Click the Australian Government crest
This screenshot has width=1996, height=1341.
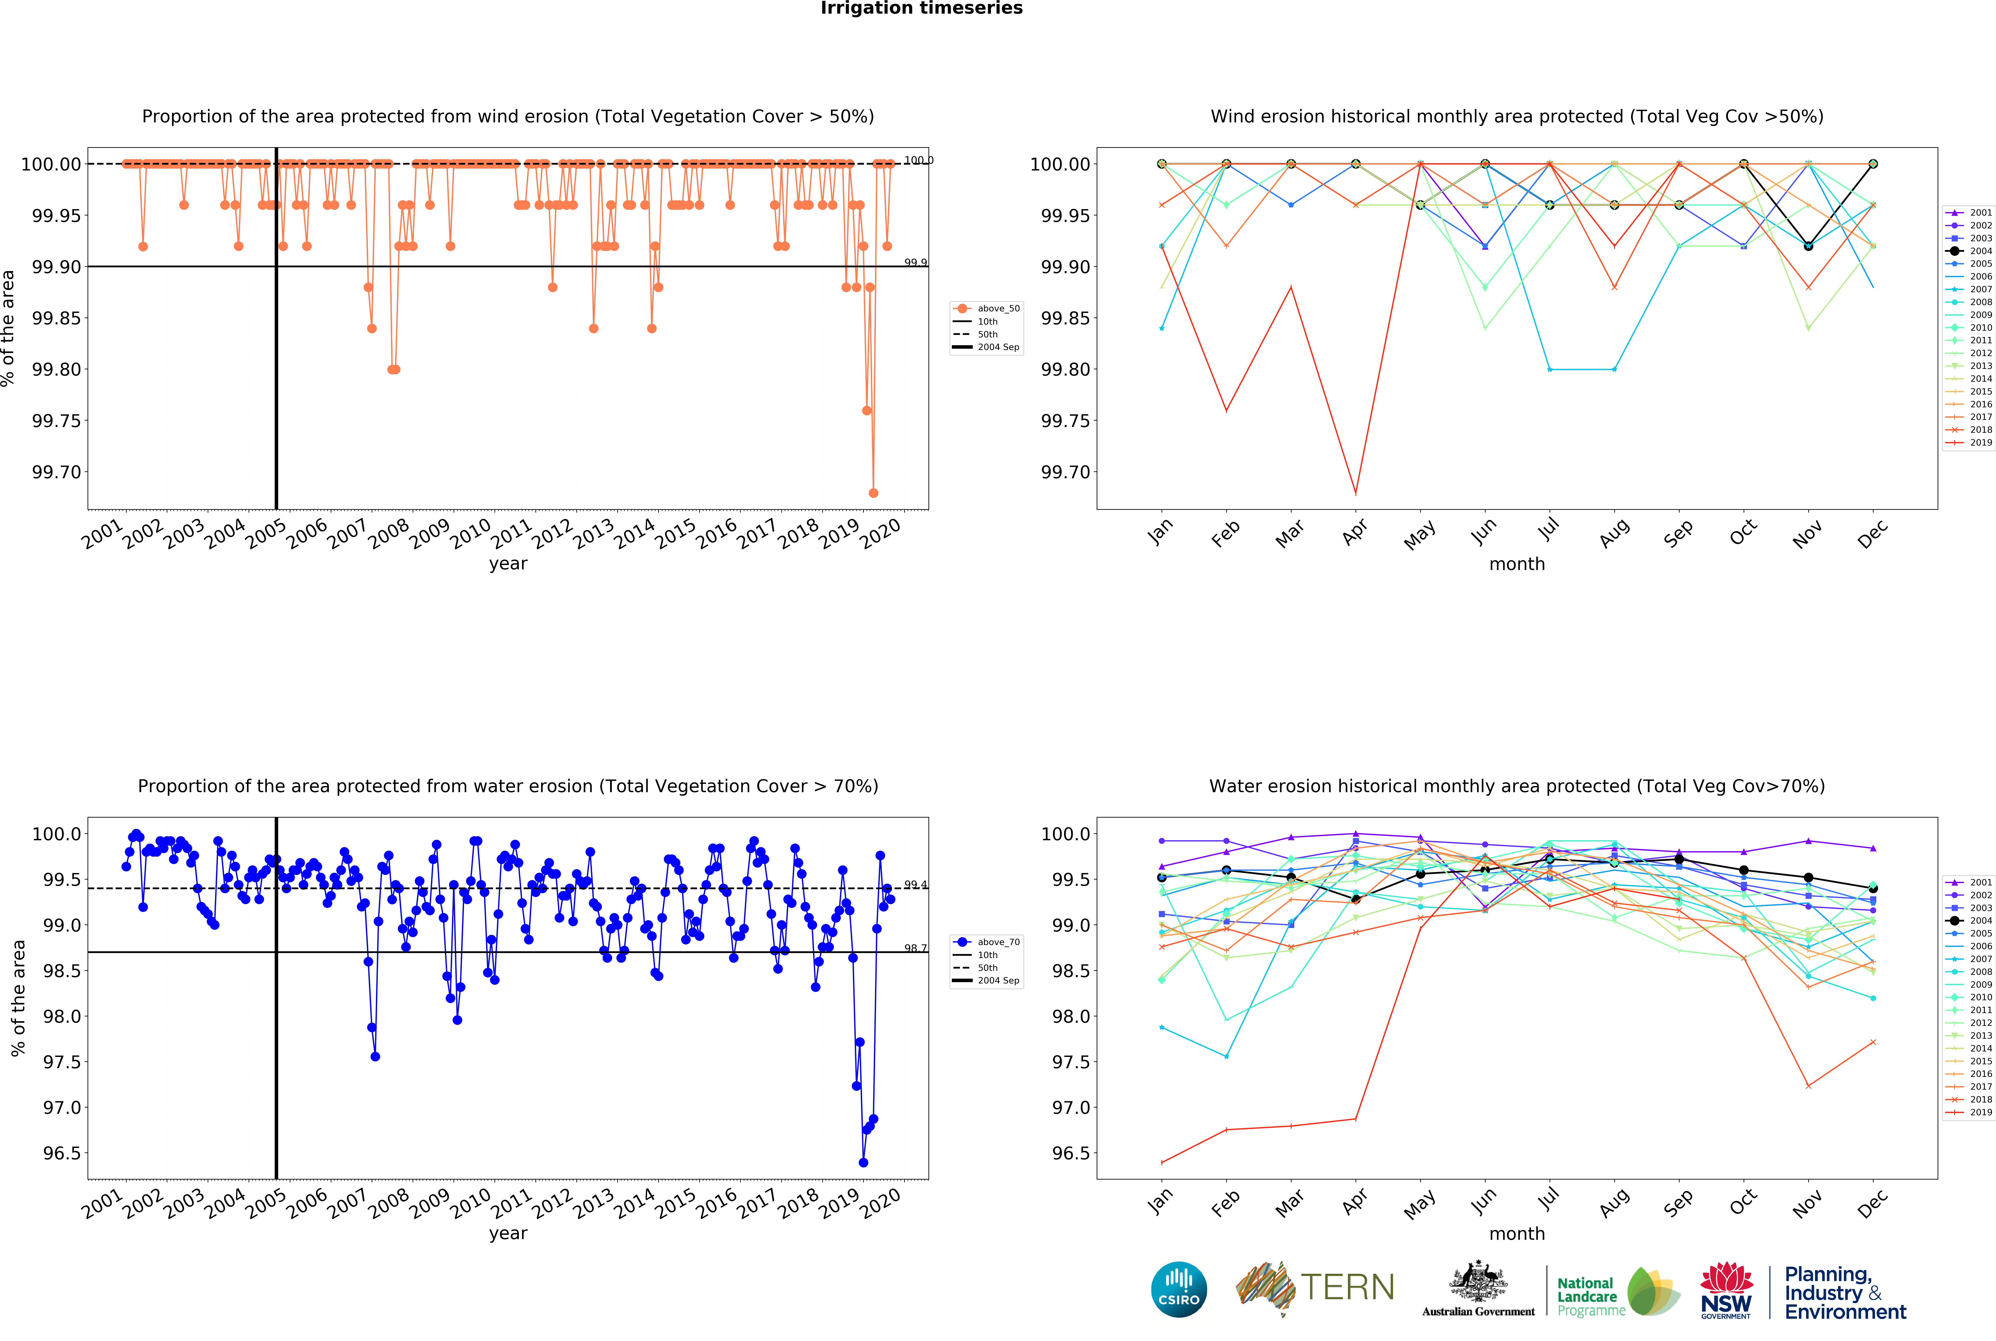point(1478,1283)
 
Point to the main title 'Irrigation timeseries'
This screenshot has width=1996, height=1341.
point(921,9)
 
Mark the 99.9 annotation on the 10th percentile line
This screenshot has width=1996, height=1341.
point(915,263)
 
